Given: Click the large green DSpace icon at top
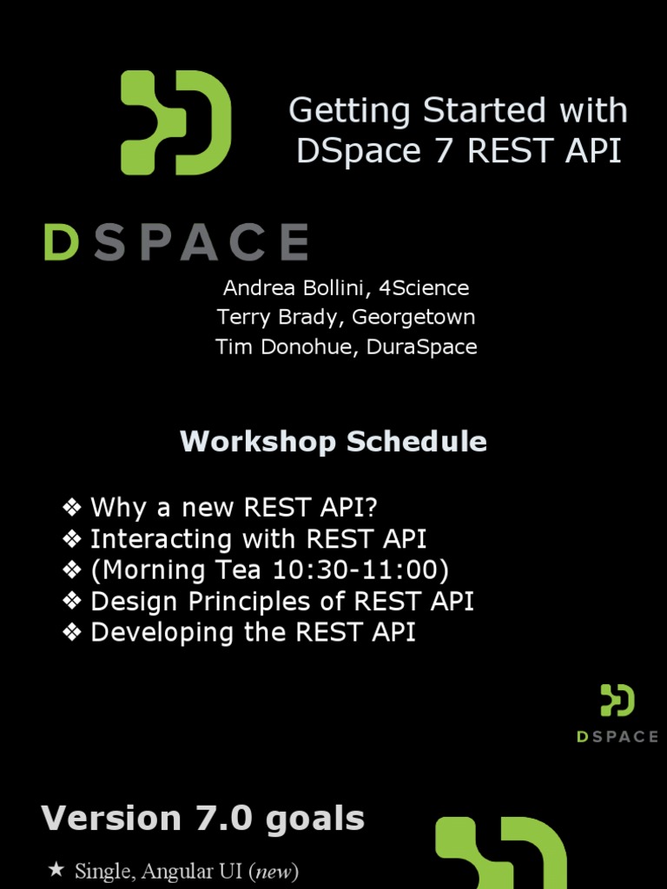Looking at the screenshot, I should click(175, 122).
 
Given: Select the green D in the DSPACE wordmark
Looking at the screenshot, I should click(62, 242).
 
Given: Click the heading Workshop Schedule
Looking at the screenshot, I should click(333, 441).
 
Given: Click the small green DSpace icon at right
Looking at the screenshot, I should click(617, 701).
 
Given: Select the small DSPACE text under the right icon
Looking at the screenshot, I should click(617, 736).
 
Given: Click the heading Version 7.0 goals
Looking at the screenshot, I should click(203, 818).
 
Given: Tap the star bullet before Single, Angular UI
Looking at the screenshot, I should click(56, 870).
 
